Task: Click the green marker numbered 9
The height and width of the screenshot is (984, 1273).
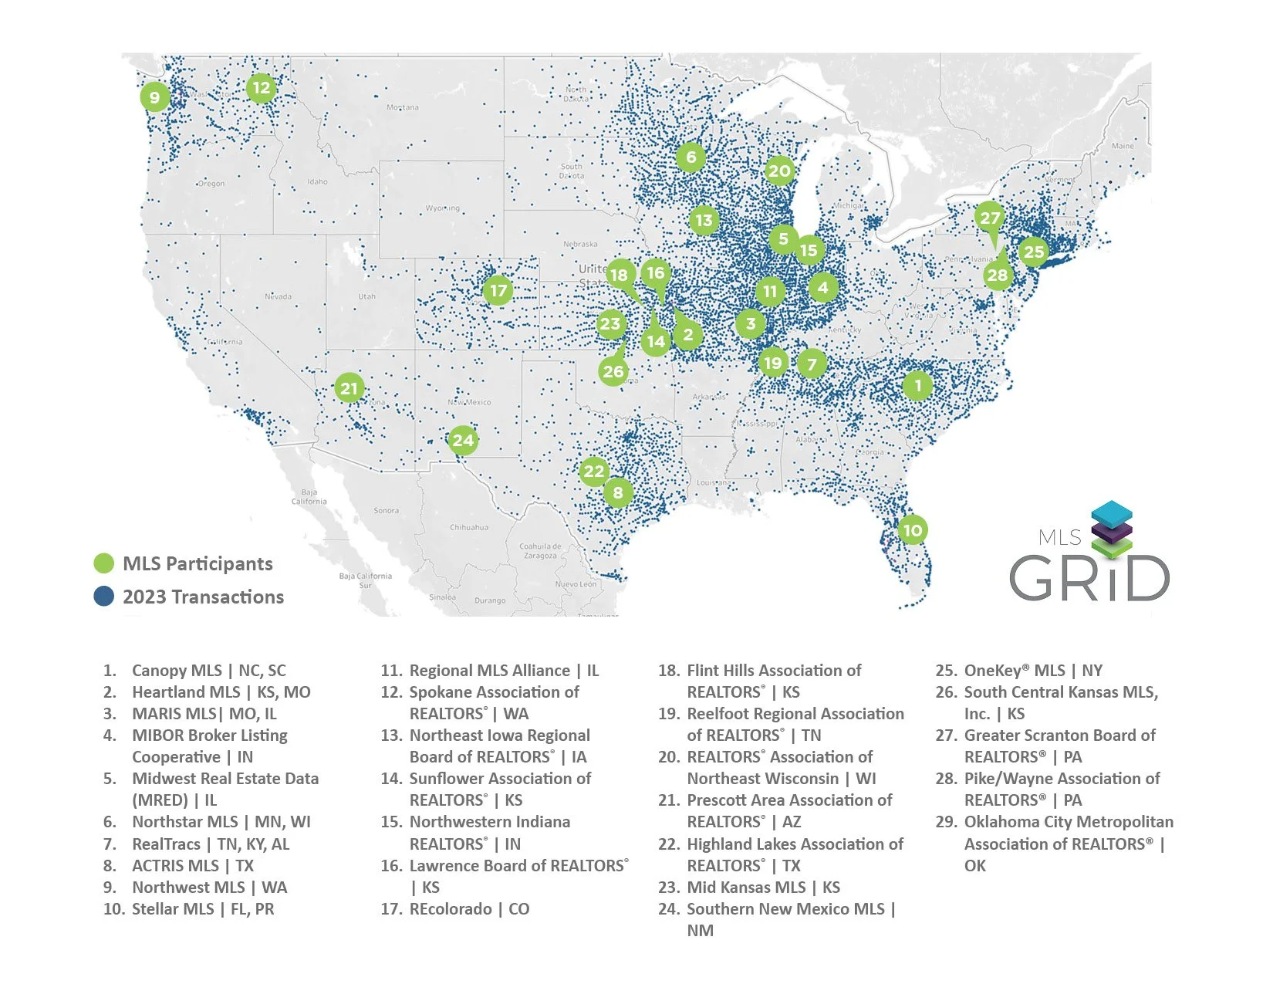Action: pos(155,97)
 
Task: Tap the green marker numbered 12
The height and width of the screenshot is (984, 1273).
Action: pos(262,88)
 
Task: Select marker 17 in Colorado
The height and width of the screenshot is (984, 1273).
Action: pos(498,291)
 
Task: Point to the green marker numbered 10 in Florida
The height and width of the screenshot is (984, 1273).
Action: pos(912,530)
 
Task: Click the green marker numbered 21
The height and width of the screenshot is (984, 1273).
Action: pos(349,387)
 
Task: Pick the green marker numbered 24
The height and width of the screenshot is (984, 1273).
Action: pos(463,441)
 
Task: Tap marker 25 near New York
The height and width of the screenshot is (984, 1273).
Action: pos(1033,251)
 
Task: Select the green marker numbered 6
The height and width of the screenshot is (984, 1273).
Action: pos(691,157)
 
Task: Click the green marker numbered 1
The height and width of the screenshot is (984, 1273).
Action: pos(917,384)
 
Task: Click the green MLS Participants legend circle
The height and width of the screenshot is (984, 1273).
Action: pos(104,563)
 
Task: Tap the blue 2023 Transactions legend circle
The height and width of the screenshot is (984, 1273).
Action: pos(104,597)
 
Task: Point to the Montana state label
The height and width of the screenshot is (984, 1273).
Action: pos(403,107)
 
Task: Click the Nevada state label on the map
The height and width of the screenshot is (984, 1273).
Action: pos(279,296)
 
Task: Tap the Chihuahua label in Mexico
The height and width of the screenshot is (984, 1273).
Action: pos(468,528)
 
